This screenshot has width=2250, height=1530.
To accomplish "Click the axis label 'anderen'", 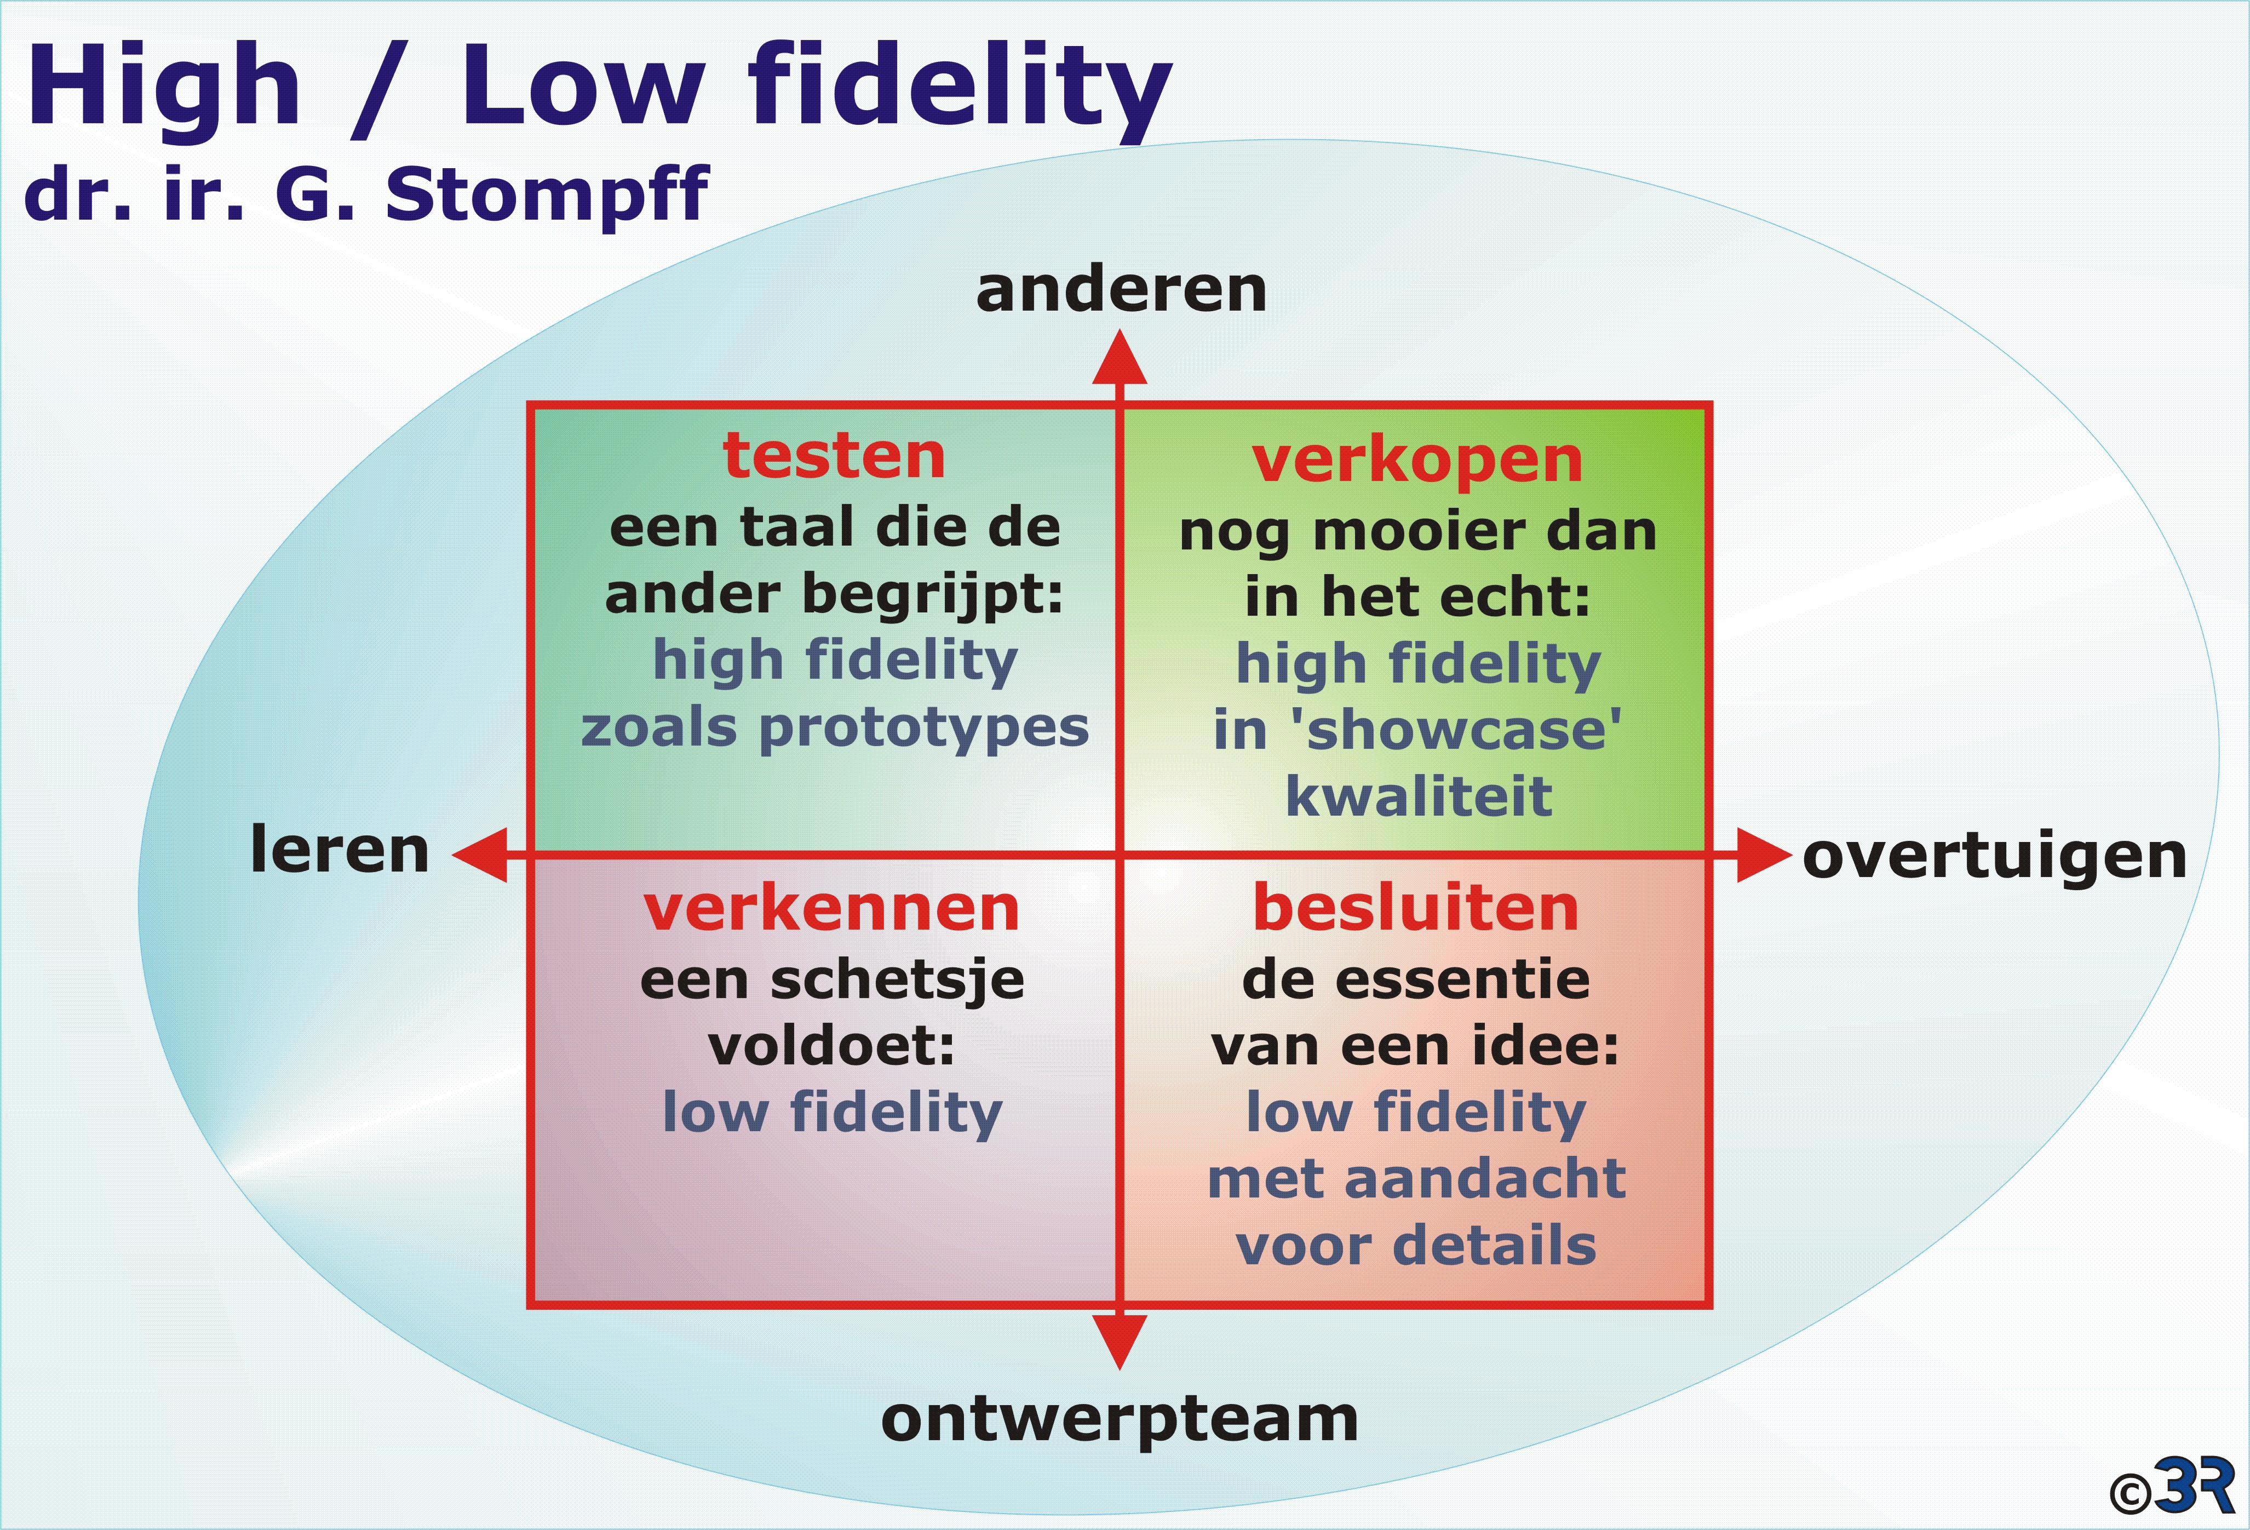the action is [1121, 290].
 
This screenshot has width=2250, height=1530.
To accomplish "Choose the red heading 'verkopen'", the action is [1417, 462].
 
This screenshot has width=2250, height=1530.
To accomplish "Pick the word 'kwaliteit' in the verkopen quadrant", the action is [1419, 796].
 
